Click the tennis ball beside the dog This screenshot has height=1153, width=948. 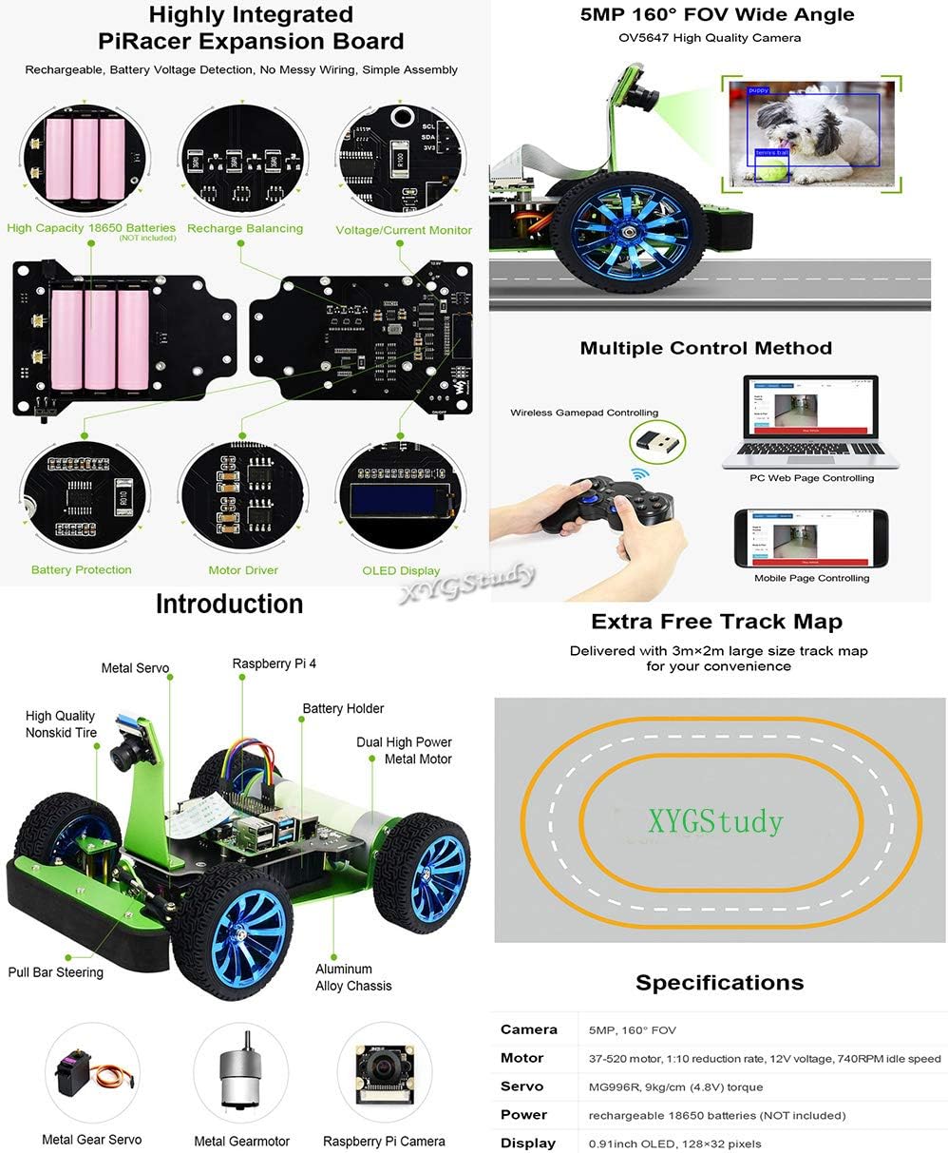[774, 170]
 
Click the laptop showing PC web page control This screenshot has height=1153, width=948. [811, 422]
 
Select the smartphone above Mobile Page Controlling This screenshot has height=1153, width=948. [811, 538]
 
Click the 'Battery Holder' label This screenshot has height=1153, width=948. [343, 708]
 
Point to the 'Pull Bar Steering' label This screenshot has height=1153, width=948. [55, 972]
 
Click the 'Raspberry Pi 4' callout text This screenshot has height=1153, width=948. [275, 663]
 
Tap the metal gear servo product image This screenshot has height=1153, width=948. [92, 1078]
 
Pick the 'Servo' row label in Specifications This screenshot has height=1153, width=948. [521, 1086]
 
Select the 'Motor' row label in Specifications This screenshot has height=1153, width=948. [521, 1058]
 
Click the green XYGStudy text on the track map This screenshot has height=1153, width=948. [715, 820]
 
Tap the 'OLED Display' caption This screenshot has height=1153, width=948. [401, 570]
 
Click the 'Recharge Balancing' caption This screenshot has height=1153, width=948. [245, 228]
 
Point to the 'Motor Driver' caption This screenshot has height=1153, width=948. [243, 570]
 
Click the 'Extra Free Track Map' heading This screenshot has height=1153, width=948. [716, 622]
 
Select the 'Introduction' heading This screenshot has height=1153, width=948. [229, 604]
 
